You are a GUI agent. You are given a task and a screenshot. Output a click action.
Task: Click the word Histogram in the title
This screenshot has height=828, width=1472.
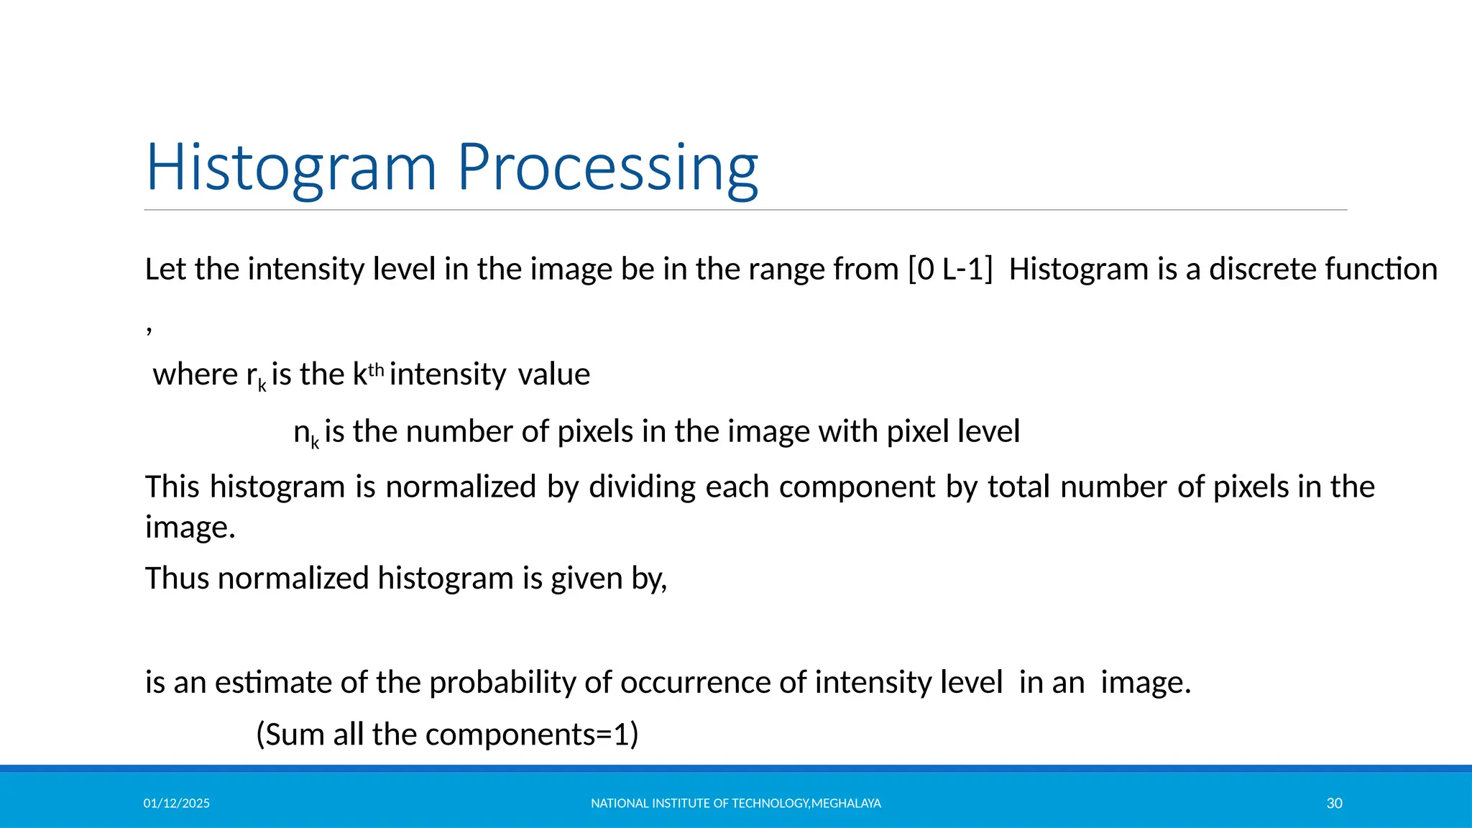click(x=291, y=167)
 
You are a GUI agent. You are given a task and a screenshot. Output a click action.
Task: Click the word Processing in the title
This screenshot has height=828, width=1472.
click(x=607, y=167)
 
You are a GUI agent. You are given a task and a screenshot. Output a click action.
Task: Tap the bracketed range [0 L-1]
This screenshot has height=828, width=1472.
click(x=950, y=270)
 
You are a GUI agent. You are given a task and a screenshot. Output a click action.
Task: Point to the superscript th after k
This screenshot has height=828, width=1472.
click(x=377, y=370)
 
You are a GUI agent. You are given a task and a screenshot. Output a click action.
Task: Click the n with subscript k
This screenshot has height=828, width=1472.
click(x=305, y=433)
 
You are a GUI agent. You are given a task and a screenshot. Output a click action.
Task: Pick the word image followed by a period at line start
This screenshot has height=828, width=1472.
click(x=190, y=527)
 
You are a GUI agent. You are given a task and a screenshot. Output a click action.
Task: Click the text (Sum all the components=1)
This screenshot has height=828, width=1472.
click(x=447, y=735)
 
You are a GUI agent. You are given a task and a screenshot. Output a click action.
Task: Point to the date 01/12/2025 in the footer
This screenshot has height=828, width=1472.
click(x=176, y=804)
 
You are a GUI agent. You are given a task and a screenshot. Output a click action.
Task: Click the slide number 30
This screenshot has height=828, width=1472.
click(x=1334, y=804)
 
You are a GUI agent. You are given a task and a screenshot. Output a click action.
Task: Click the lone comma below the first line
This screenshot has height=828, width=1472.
click(x=149, y=330)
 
